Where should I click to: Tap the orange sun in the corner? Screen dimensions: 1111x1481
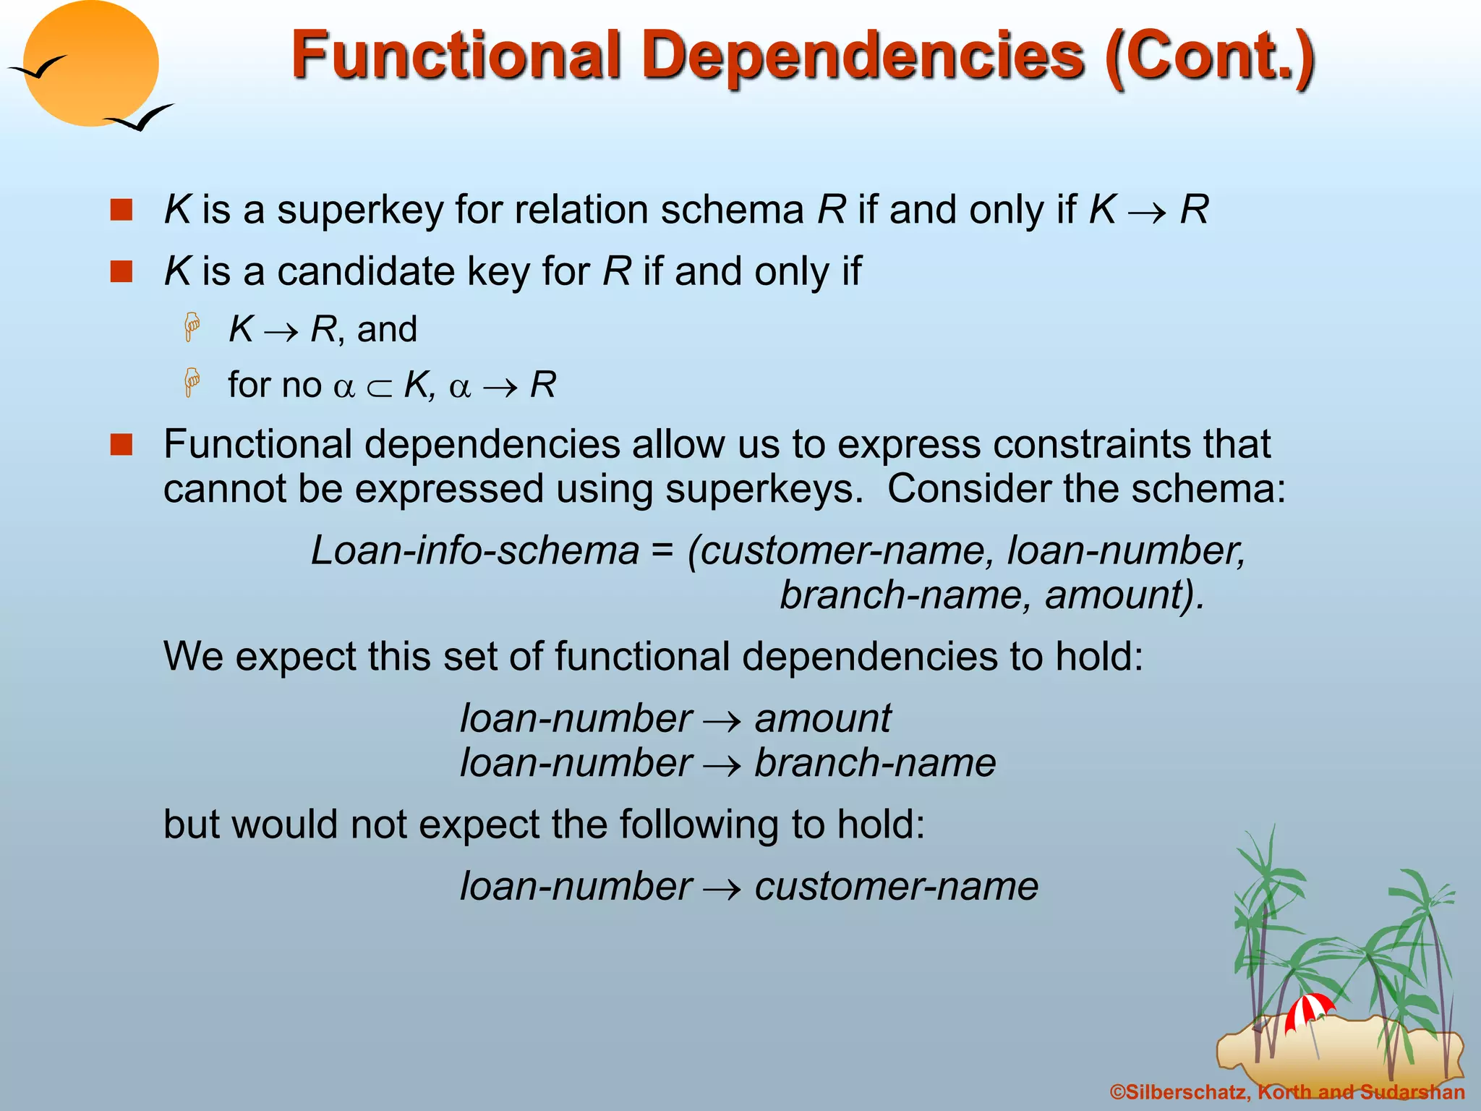[x=90, y=63]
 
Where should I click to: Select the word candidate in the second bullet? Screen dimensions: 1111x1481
[x=366, y=272]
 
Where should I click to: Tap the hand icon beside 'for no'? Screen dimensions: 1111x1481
[x=192, y=383]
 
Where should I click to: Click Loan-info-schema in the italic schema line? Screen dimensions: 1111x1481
[x=475, y=550]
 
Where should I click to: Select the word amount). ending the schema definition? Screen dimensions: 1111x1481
[x=1124, y=595]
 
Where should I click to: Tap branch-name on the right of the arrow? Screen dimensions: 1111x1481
[x=875, y=763]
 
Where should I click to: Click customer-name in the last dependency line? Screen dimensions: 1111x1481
[x=896, y=887]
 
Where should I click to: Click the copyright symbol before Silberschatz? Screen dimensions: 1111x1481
[x=1117, y=1092]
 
